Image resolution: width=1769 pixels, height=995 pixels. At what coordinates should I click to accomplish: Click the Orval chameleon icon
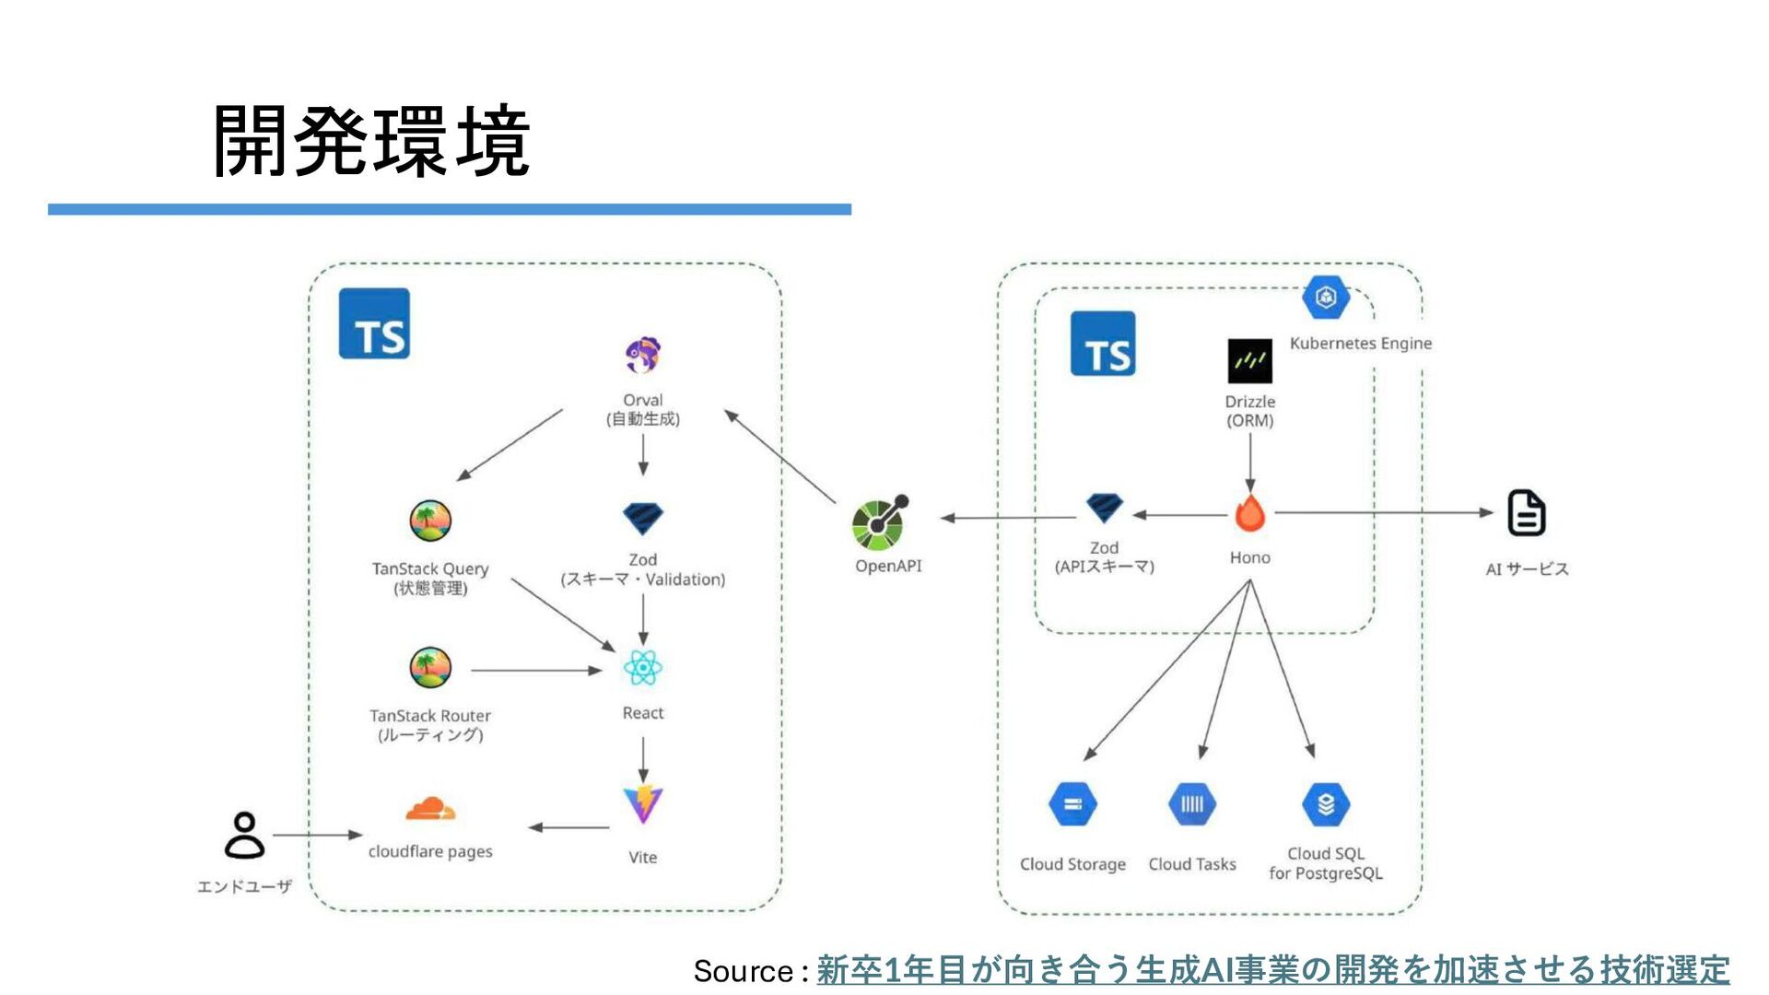click(x=643, y=355)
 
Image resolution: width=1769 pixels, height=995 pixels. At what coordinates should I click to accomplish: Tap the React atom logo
click(x=642, y=668)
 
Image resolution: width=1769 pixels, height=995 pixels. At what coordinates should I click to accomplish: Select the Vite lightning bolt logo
click(x=643, y=804)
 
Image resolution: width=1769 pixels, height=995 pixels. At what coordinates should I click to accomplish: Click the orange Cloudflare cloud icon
click(x=430, y=809)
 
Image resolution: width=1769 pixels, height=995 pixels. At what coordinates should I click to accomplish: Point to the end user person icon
click(x=244, y=835)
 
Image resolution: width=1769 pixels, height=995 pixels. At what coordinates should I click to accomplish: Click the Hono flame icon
click(x=1249, y=513)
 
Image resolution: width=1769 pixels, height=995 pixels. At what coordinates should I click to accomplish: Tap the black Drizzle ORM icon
click(x=1249, y=361)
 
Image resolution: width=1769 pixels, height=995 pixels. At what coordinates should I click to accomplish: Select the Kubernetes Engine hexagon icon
click(x=1326, y=297)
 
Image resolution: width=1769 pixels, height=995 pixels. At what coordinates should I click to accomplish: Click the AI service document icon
click(x=1526, y=512)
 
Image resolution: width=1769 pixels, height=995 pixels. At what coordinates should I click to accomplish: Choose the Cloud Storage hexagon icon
click(x=1072, y=804)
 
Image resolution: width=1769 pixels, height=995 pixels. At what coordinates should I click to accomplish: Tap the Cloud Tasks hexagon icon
click(x=1192, y=804)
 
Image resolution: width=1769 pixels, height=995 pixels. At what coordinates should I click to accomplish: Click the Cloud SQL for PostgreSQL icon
click(x=1326, y=804)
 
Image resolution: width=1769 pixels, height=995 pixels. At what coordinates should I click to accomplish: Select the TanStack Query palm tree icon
click(x=430, y=521)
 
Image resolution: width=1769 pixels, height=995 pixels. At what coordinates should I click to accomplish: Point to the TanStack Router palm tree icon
click(x=430, y=668)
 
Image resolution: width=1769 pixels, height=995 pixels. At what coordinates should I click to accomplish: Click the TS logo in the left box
click(x=374, y=323)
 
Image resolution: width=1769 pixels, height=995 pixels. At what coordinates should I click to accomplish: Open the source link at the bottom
click(x=1272, y=970)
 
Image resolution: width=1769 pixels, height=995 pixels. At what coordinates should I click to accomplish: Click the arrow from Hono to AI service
click(x=1384, y=512)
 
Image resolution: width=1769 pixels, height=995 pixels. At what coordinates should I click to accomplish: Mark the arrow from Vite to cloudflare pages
click(x=568, y=827)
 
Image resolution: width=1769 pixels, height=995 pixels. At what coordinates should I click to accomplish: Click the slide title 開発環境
click(x=371, y=141)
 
